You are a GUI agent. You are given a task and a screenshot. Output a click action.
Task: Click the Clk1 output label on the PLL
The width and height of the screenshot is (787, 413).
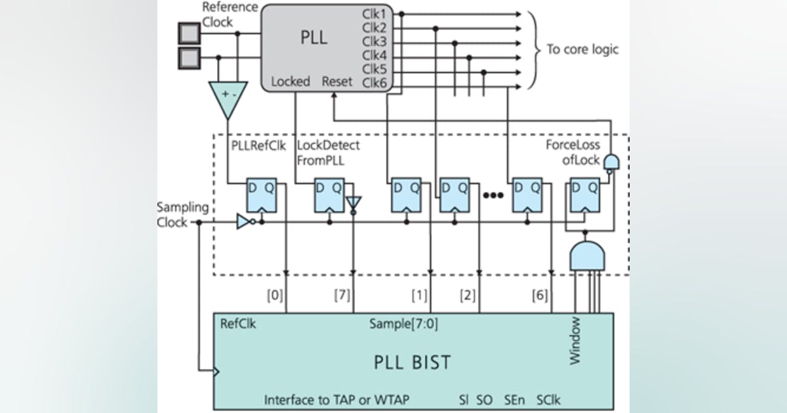click(373, 13)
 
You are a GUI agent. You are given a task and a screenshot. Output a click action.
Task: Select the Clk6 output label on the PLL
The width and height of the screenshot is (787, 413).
click(373, 83)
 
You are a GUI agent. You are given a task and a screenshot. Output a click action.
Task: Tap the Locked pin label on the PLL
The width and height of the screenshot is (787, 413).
click(291, 82)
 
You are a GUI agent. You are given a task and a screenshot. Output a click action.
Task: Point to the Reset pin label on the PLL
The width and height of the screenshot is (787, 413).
click(337, 82)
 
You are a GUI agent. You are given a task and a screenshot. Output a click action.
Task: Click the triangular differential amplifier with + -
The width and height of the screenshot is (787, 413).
click(228, 99)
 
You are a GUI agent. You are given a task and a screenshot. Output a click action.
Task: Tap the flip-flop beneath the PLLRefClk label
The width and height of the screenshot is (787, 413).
click(261, 194)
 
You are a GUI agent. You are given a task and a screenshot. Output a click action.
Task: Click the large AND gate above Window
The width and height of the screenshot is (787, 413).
click(588, 254)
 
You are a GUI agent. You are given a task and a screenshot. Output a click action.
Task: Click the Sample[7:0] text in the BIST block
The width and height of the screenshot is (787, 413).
click(395, 324)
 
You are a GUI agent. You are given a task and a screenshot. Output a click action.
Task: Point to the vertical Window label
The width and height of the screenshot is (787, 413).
click(575, 340)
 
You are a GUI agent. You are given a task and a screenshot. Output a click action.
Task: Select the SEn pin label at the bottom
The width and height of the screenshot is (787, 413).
click(514, 399)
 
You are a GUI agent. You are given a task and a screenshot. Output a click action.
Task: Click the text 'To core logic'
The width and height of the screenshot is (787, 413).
click(582, 49)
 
